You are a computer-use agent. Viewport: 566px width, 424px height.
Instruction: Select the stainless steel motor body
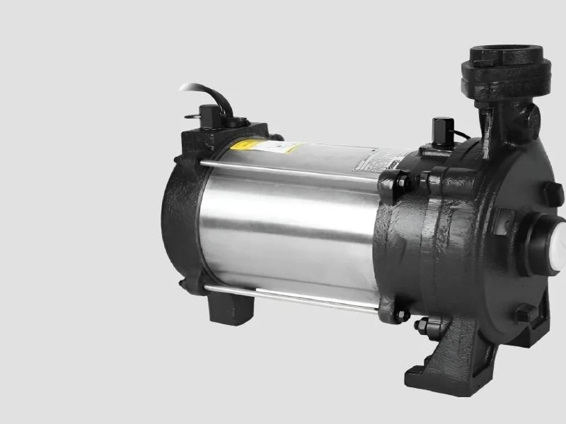coord(297,226)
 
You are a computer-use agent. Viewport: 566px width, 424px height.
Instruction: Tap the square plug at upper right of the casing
coord(550,192)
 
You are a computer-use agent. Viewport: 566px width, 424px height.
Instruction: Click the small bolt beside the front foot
coord(423,327)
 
